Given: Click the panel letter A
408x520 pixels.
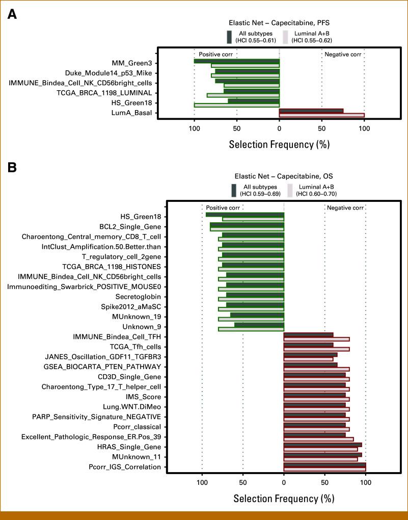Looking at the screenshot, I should pos(12,14).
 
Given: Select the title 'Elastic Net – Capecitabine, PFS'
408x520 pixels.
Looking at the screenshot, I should pos(279,23).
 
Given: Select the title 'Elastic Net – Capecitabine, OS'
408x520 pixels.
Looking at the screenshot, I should pos(283,176).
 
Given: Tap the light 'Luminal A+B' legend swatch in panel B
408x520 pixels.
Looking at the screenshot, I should pos(290,190).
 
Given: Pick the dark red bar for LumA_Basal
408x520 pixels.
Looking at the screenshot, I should pos(311,111).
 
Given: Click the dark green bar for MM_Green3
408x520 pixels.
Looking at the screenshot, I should pos(236,61).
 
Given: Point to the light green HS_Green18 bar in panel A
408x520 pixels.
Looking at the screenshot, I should pos(236,106).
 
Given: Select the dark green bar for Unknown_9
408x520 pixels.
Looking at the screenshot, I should pos(259,325).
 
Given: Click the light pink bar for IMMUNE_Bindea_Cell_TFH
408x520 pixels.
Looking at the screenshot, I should pos(316,339).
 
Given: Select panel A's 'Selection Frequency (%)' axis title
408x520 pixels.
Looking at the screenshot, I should pos(279,144).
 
